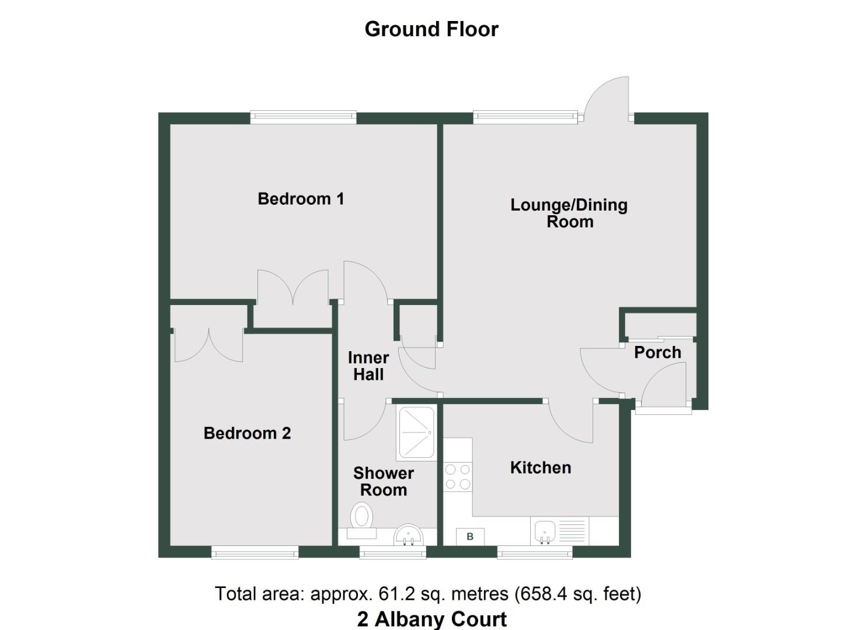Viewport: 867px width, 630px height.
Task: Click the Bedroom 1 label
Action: [x=301, y=199]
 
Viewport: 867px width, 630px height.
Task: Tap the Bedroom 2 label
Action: [x=247, y=433]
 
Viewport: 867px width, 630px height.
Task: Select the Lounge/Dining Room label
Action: [x=569, y=213]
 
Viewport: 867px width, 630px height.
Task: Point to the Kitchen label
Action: [x=540, y=468]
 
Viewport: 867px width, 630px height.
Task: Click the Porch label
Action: [x=657, y=352]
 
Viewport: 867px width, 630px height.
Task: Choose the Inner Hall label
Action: [x=368, y=366]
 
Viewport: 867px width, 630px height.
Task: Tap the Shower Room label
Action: [x=384, y=481]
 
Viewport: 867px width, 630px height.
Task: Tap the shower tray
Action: [x=416, y=432]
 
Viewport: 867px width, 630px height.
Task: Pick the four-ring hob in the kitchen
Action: [x=458, y=476]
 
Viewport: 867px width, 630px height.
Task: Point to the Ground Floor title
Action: [x=431, y=29]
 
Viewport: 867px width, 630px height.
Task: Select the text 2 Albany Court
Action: [x=432, y=618]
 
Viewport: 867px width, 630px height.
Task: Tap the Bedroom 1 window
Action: [x=303, y=117]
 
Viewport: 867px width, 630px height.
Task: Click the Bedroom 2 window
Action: [x=255, y=552]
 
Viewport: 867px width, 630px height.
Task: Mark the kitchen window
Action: [x=535, y=552]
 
